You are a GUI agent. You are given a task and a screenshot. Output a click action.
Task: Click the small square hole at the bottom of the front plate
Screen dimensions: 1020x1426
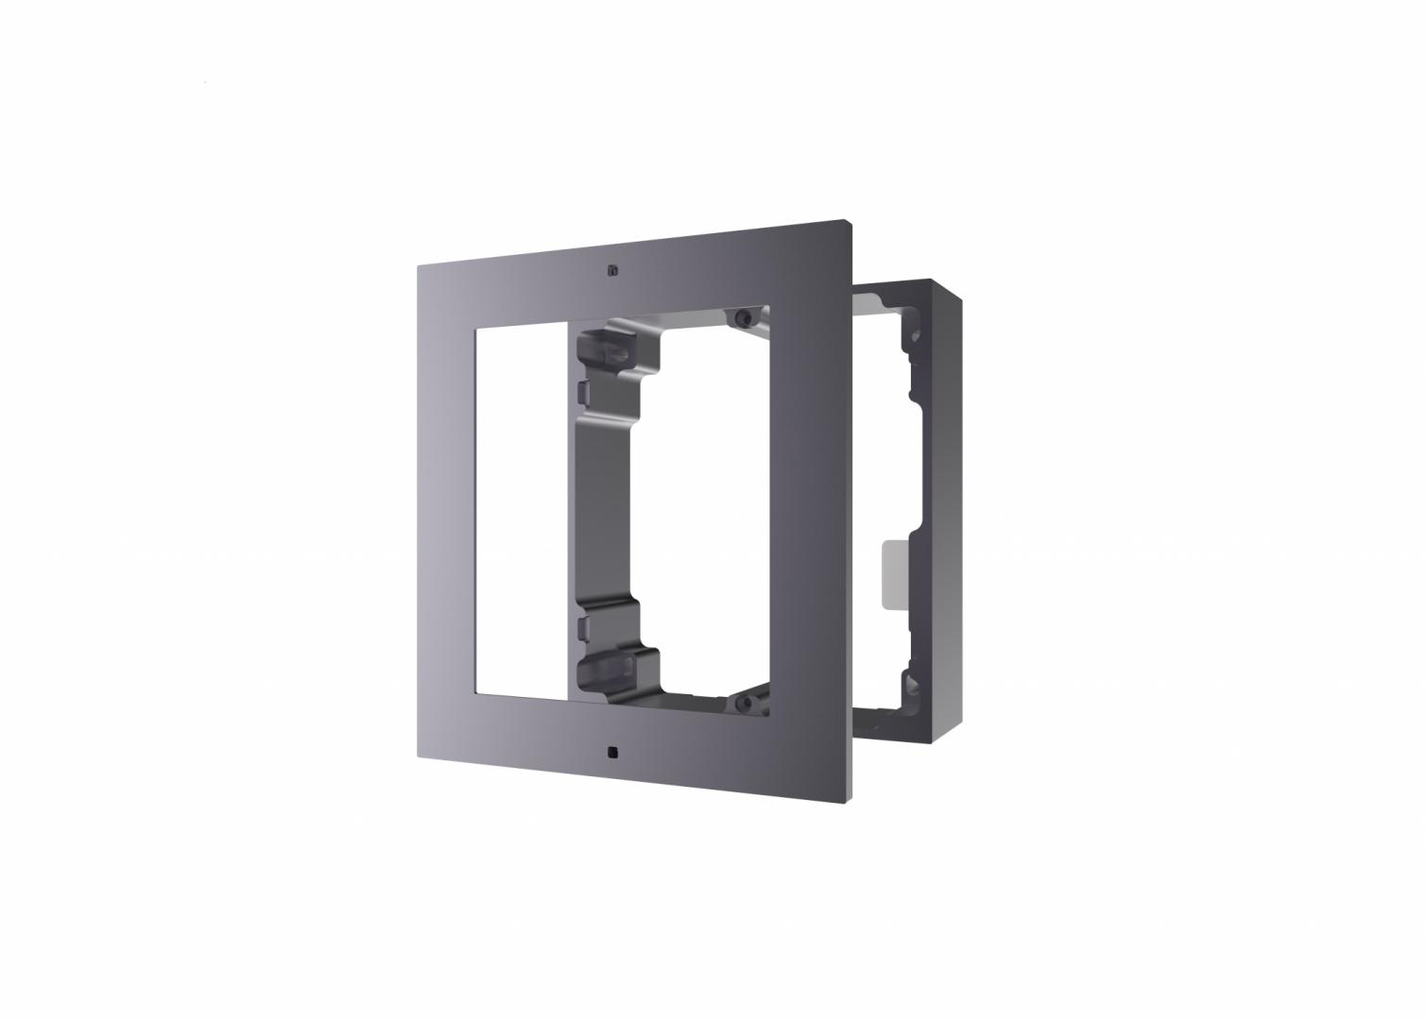click(613, 753)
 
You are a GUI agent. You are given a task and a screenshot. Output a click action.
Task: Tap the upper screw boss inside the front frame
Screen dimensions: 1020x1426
click(743, 315)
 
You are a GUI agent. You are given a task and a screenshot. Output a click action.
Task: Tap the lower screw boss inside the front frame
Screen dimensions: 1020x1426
click(743, 703)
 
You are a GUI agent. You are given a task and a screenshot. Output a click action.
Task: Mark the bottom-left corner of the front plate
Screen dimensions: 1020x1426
click(419, 757)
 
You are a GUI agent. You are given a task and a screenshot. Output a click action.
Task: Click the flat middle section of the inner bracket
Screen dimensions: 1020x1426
click(605, 510)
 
